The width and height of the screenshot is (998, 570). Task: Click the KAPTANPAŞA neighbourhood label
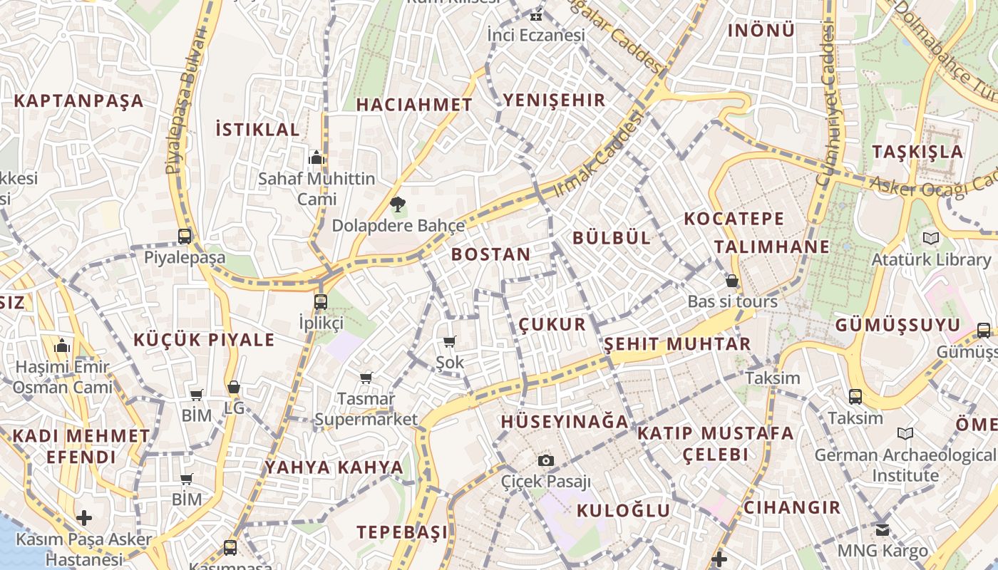[x=78, y=100]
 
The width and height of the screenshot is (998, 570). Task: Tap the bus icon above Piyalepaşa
[x=185, y=237]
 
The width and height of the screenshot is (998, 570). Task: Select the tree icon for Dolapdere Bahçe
[x=398, y=205]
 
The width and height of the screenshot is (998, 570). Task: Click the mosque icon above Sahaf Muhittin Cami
[x=316, y=157]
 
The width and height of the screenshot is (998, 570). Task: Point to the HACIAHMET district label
[x=414, y=105]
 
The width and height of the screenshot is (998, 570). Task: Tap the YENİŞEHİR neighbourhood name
[x=554, y=100]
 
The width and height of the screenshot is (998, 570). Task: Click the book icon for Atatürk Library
[x=931, y=239]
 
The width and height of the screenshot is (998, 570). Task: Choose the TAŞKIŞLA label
[x=917, y=151]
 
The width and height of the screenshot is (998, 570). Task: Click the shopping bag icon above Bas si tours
[x=732, y=281]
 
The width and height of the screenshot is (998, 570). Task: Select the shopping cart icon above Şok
[x=449, y=342]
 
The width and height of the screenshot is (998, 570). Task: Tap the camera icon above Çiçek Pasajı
[x=546, y=460]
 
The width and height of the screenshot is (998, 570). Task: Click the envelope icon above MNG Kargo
[x=883, y=530]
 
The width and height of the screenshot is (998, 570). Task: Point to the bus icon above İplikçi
[x=321, y=301]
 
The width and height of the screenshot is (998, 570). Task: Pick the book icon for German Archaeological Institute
[x=905, y=433]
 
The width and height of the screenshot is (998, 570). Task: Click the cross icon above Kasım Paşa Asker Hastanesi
[x=84, y=517]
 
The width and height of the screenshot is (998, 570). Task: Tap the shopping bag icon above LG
[x=233, y=388]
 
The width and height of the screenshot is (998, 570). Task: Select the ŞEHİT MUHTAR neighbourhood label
[x=677, y=344]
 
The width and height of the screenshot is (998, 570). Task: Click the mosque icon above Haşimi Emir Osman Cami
[x=62, y=346]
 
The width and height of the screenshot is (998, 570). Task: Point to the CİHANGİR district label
[x=792, y=508]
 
